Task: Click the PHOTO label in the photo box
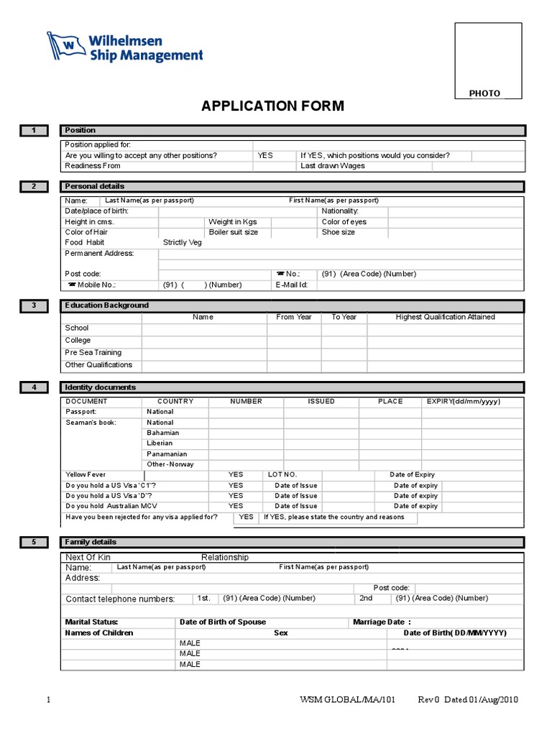484,93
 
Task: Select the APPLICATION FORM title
272,106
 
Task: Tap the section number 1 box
33,130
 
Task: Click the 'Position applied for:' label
98,145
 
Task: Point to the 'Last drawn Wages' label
333,166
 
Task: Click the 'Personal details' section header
94,186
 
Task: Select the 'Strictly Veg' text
183,243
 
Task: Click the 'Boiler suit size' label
233,232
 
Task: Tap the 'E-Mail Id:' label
292,285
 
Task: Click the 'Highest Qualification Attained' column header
445,317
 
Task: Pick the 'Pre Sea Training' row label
93,352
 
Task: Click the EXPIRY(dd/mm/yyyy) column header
464,401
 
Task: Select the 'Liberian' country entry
160,443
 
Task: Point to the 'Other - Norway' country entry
170,464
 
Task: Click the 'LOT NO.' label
282,475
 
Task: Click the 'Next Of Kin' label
88,557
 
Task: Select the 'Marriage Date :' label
382,622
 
